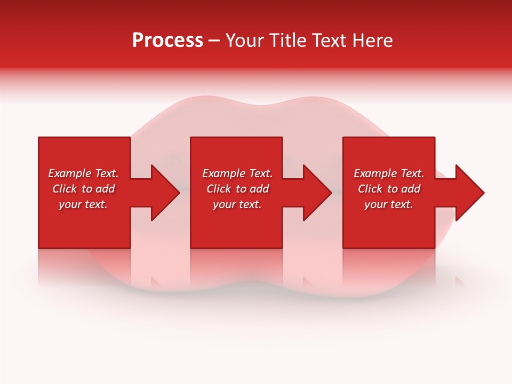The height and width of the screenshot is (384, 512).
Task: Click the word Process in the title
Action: pos(167,41)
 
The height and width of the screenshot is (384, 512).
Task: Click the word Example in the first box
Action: pos(69,173)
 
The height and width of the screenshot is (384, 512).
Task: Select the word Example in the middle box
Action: pos(223,173)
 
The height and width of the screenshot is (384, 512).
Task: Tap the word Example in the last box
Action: pos(375,173)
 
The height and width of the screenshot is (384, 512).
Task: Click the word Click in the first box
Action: pos(65,189)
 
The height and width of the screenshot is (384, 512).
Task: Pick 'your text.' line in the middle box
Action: pos(237,204)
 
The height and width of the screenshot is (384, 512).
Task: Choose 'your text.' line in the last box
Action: pos(388,204)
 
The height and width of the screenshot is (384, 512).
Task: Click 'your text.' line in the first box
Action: pos(83,204)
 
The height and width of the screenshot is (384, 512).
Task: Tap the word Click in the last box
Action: pos(370,189)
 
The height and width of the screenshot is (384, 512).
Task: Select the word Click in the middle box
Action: pos(219,189)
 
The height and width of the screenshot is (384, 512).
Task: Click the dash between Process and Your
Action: pos(214,41)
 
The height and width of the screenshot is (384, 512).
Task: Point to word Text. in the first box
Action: pos(106,173)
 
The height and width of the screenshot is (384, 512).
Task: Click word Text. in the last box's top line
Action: pos(412,173)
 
